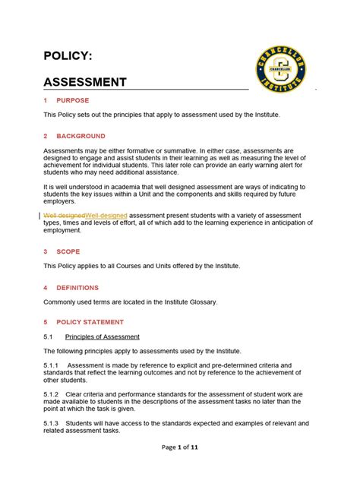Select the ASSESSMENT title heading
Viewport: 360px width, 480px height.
[85, 82]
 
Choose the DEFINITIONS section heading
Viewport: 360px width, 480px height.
[78, 288]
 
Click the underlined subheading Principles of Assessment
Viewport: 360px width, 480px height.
[102, 336]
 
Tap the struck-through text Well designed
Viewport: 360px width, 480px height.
[65, 216]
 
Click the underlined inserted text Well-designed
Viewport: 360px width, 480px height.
[107, 216]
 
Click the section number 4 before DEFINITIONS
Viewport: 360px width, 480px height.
[46, 288]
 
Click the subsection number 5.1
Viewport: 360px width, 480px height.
[47, 336]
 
